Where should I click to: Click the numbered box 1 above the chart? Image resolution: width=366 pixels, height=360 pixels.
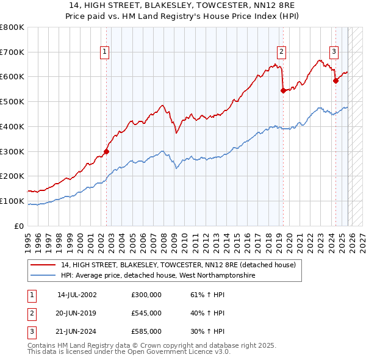pyautogui.click(x=105, y=52)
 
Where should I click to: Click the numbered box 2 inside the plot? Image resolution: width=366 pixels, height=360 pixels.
pyautogui.click(x=282, y=52)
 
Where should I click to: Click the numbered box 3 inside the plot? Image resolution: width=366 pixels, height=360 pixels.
pyautogui.click(x=334, y=52)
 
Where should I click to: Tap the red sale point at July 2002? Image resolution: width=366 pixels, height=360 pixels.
pyautogui.click(x=106, y=151)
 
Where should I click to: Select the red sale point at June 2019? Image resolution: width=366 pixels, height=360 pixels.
pyautogui.click(x=283, y=90)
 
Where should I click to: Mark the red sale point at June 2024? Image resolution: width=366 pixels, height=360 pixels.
pyautogui.click(x=335, y=80)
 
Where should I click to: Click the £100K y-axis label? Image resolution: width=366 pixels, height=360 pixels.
pyautogui.click(x=12, y=201)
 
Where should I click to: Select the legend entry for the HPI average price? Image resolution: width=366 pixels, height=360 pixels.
pyautogui.click(x=157, y=276)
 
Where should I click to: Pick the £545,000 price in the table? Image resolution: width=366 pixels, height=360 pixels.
pyautogui.click(x=146, y=313)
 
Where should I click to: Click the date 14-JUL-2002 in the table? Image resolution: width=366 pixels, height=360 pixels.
pyautogui.click(x=77, y=294)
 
